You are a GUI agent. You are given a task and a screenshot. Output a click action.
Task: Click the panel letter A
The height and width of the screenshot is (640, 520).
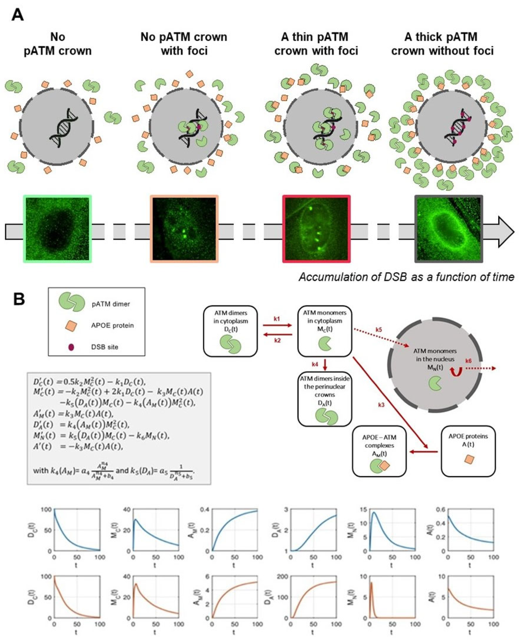tap(18, 15)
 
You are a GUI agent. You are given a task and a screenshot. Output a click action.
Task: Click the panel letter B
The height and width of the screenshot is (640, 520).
tap(19, 299)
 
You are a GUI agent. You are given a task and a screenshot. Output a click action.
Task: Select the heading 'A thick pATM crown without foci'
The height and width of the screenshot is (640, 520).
tap(442, 44)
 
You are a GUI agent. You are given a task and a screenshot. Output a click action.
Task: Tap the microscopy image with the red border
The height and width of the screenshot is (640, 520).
tap(317, 229)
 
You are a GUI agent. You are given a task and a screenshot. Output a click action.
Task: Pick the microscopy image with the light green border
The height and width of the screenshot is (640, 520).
tap(57, 229)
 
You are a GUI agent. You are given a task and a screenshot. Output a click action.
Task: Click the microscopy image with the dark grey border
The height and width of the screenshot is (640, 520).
tap(449, 229)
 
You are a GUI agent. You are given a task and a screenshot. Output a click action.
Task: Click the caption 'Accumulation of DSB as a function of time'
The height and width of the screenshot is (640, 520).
tap(406, 277)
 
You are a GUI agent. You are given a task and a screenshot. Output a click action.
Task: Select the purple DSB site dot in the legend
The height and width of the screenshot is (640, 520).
tap(71, 347)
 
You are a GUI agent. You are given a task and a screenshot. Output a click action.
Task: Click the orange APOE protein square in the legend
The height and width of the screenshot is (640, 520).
tap(71, 326)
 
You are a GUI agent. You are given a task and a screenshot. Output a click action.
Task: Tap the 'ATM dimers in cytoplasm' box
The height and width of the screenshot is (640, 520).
tap(230, 331)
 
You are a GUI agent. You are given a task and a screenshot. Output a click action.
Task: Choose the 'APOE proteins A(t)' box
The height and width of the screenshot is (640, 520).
tap(468, 451)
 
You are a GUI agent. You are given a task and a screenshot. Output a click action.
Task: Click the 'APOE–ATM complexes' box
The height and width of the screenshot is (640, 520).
tap(379, 451)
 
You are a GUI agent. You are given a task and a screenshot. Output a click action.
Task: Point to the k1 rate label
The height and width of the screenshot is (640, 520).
tap(277, 319)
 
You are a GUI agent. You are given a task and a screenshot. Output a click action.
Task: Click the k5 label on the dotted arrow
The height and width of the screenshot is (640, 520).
tap(379, 330)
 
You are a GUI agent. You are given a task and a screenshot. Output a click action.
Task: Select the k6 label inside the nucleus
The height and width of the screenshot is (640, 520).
tap(468, 361)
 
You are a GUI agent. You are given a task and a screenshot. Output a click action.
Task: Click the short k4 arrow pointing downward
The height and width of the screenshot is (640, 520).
tap(325, 365)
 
